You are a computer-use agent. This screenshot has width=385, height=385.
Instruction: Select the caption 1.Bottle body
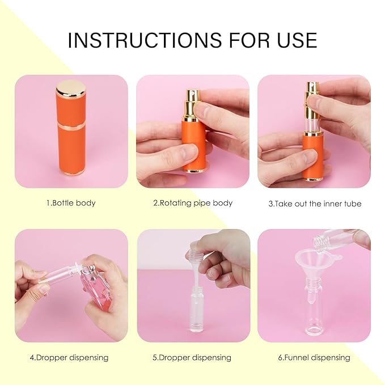[x=71, y=203]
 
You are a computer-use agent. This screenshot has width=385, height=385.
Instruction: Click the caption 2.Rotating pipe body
[x=192, y=203]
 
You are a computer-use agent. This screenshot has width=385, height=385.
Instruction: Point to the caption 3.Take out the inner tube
[x=315, y=203]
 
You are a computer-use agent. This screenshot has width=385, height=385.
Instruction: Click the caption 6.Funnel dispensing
[x=314, y=358]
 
